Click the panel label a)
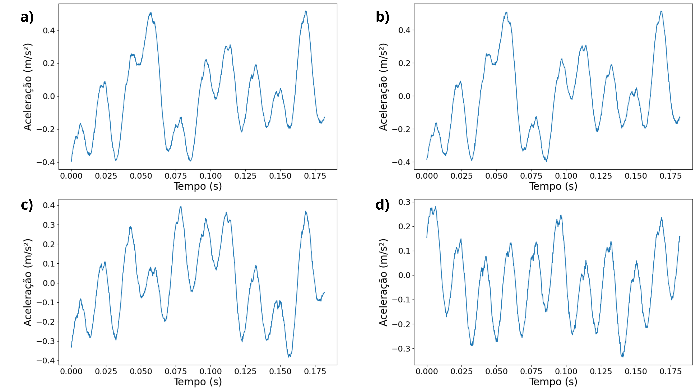point(27,17)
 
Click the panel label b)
point(382,17)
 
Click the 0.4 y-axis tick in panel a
point(49,30)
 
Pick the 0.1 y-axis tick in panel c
point(49,264)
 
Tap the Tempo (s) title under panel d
point(553,382)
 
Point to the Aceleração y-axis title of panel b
point(383,87)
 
